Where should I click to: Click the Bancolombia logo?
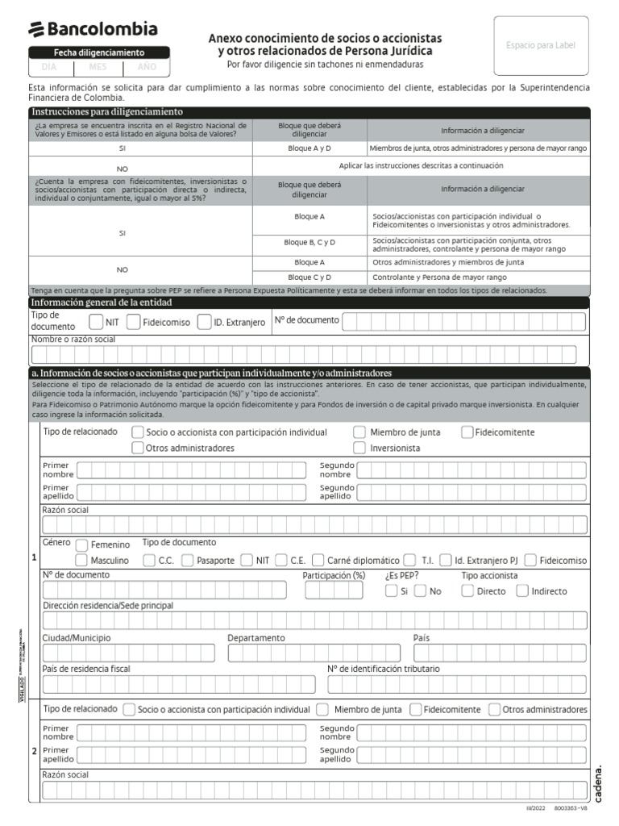point(93,30)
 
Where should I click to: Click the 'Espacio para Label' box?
point(541,46)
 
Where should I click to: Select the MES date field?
point(98,67)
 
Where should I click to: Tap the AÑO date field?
point(147,67)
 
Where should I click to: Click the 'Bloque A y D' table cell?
point(309,148)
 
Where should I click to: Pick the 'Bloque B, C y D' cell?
point(309,242)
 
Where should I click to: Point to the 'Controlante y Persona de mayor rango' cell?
point(479,277)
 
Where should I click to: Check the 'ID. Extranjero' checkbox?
point(204,322)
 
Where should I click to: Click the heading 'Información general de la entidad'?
point(101,302)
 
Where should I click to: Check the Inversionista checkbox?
point(359,448)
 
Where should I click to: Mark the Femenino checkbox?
point(81,544)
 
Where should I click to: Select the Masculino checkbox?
point(81,560)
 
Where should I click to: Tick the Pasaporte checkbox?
point(188,560)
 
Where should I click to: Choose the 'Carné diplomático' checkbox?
point(318,560)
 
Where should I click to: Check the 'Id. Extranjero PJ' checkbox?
point(443,560)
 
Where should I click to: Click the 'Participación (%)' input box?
point(334,590)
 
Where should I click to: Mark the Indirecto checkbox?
point(522,590)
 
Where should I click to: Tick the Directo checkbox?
point(467,590)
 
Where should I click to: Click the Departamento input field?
point(314,653)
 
